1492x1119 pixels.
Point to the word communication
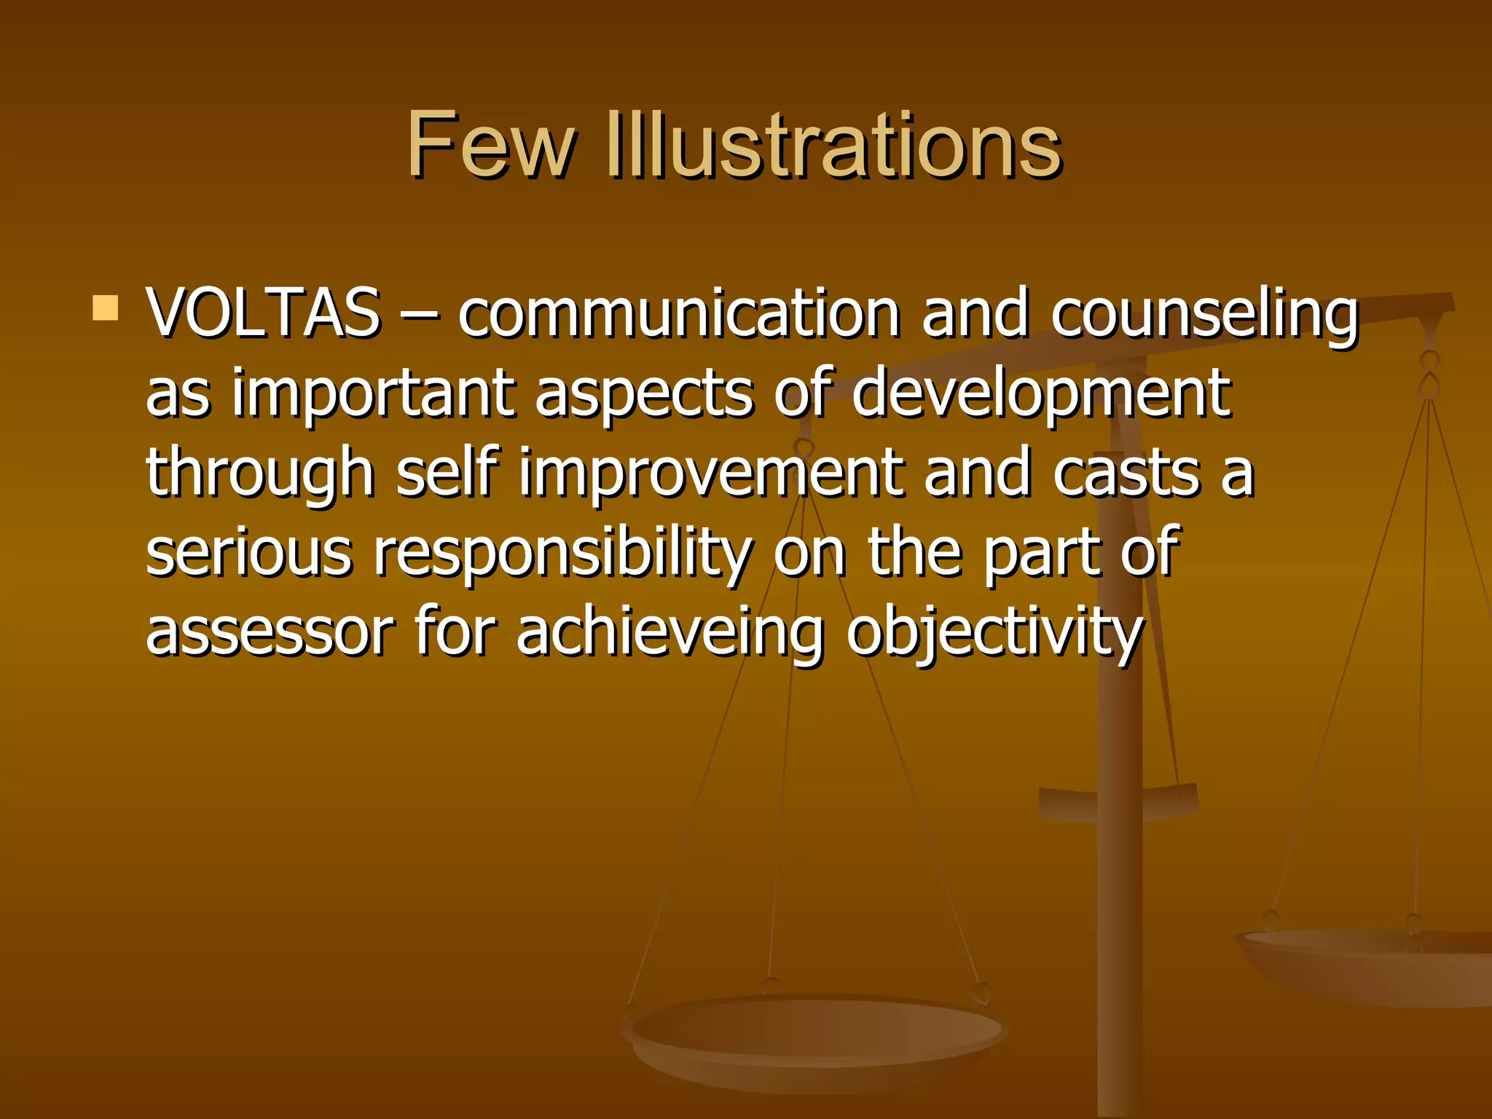[679, 314]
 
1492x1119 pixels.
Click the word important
[373, 394]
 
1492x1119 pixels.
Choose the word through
[260, 474]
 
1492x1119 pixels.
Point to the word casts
[1126, 473]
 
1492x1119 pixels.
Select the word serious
[249, 551]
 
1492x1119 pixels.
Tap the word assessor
[270, 631]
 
